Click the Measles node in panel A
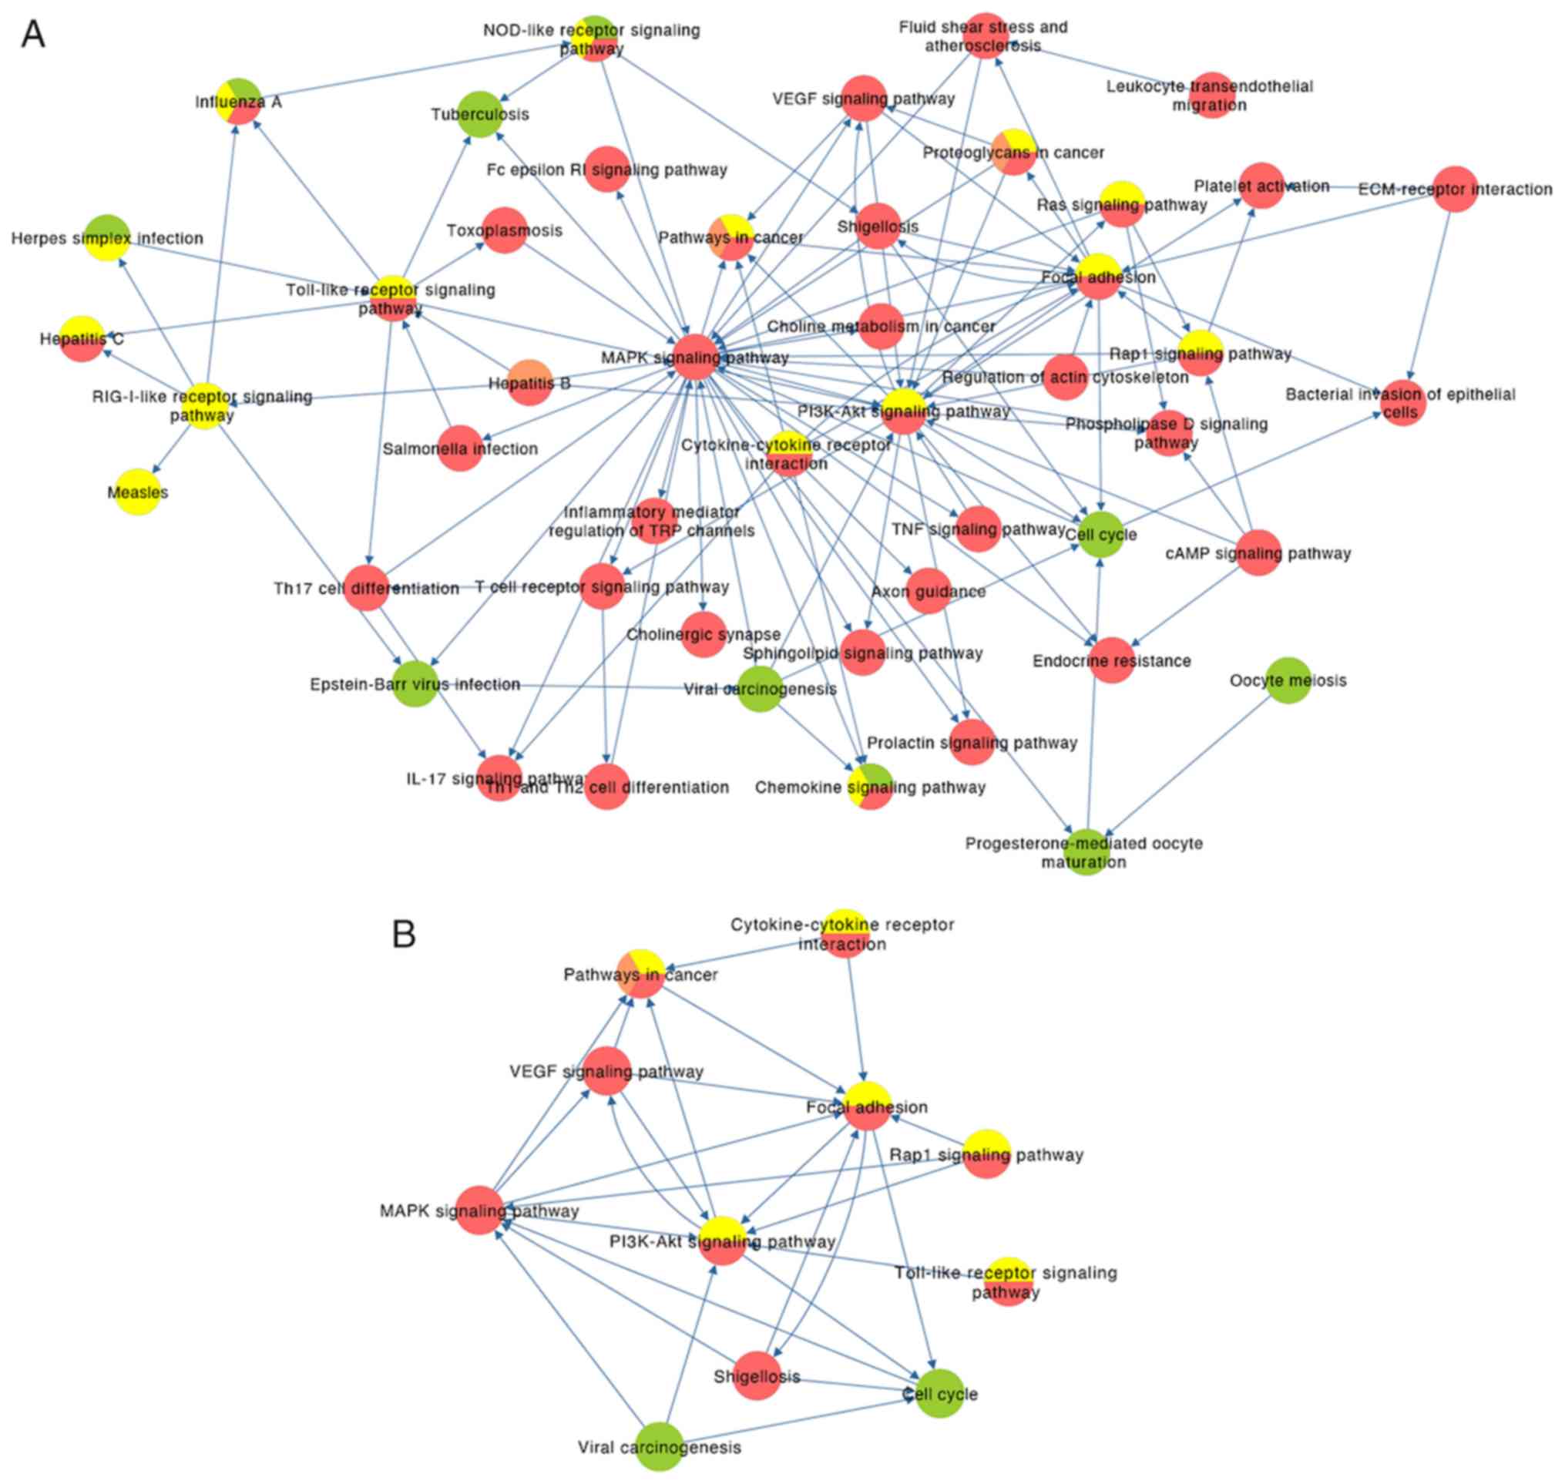(x=138, y=492)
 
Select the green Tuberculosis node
(x=481, y=114)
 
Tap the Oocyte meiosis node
(x=1289, y=680)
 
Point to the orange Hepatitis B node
(x=529, y=383)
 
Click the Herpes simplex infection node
(x=107, y=237)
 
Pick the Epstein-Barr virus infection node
(x=415, y=683)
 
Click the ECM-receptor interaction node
(x=1455, y=189)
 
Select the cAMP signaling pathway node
(x=1258, y=553)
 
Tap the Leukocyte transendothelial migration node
(x=1211, y=95)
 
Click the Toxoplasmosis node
(x=504, y=230)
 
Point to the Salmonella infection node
(x=460, y=448)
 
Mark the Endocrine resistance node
(x=1112, y=660)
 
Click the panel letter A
(x=32, y=34)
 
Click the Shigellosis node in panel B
(x=757, y=1375)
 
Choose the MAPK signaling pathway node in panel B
(x=480, y=1210)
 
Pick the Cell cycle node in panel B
(x=940, y=1394)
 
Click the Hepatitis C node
(x=82, y=338)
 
